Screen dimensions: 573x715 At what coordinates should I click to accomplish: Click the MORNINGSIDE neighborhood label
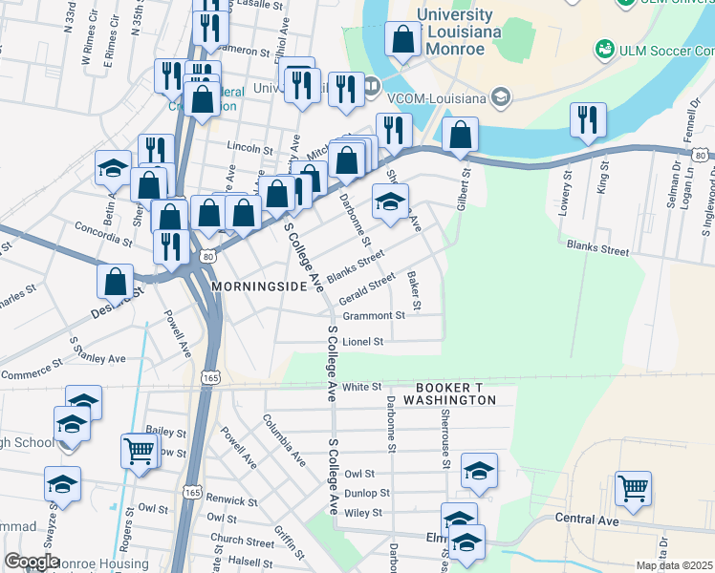255,286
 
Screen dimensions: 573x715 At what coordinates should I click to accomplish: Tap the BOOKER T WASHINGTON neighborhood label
455,393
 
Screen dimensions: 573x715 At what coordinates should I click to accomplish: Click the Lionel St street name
363,341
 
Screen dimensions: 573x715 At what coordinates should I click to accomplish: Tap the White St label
362,387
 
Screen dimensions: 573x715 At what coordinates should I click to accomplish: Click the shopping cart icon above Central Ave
633,487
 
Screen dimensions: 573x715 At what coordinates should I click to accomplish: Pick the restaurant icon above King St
587,119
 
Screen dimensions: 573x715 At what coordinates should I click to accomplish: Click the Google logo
32,562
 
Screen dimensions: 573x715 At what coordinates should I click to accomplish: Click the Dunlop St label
367,494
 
